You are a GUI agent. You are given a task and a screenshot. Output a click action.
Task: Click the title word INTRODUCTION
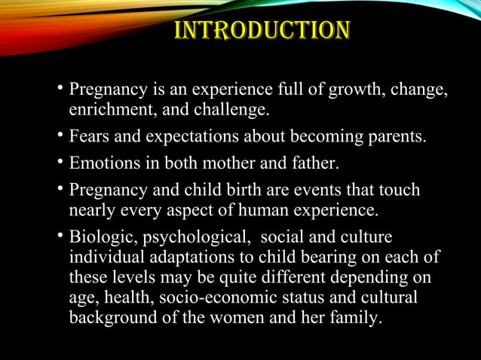[262, 31]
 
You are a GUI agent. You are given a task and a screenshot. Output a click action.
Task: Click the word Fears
[89, 138]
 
